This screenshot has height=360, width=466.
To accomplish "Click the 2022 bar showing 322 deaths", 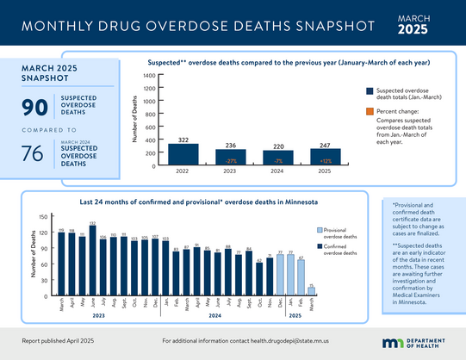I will click(x=183, y=154).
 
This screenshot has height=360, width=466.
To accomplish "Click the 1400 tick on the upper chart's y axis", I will click(x=148, y=76).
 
